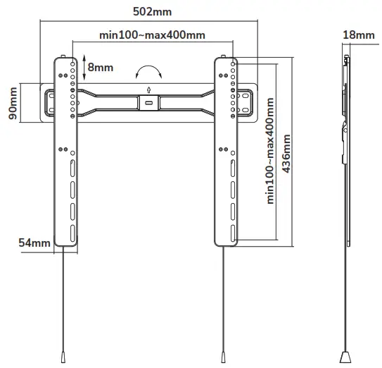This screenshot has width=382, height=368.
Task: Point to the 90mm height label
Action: tap(13, 104)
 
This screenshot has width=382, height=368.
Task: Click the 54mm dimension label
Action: tap(34, 243)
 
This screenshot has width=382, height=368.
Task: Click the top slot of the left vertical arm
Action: tap(72, 169)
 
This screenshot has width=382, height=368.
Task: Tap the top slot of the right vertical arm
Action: tap(232, 169)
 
